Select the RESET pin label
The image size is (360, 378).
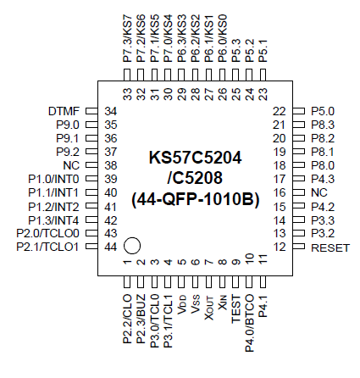[330, 247]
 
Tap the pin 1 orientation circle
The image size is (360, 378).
[131, 247]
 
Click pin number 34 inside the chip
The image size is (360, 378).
[110, 112]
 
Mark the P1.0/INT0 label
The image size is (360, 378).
[53, 179]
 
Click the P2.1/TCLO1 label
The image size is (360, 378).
[47, 247]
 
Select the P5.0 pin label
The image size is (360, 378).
[323, 112]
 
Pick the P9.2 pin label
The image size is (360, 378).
[69, 152]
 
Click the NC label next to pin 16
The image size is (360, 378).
[319, 192]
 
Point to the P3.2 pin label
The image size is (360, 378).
[323, 233]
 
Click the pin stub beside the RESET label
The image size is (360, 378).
[300, 247]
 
